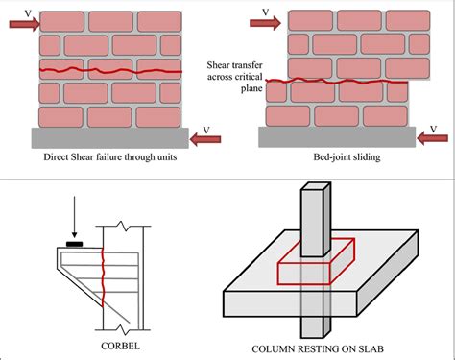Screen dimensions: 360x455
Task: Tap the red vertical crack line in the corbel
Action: tap(103, 278)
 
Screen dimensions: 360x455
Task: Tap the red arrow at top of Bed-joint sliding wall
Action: tap(272, 28)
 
